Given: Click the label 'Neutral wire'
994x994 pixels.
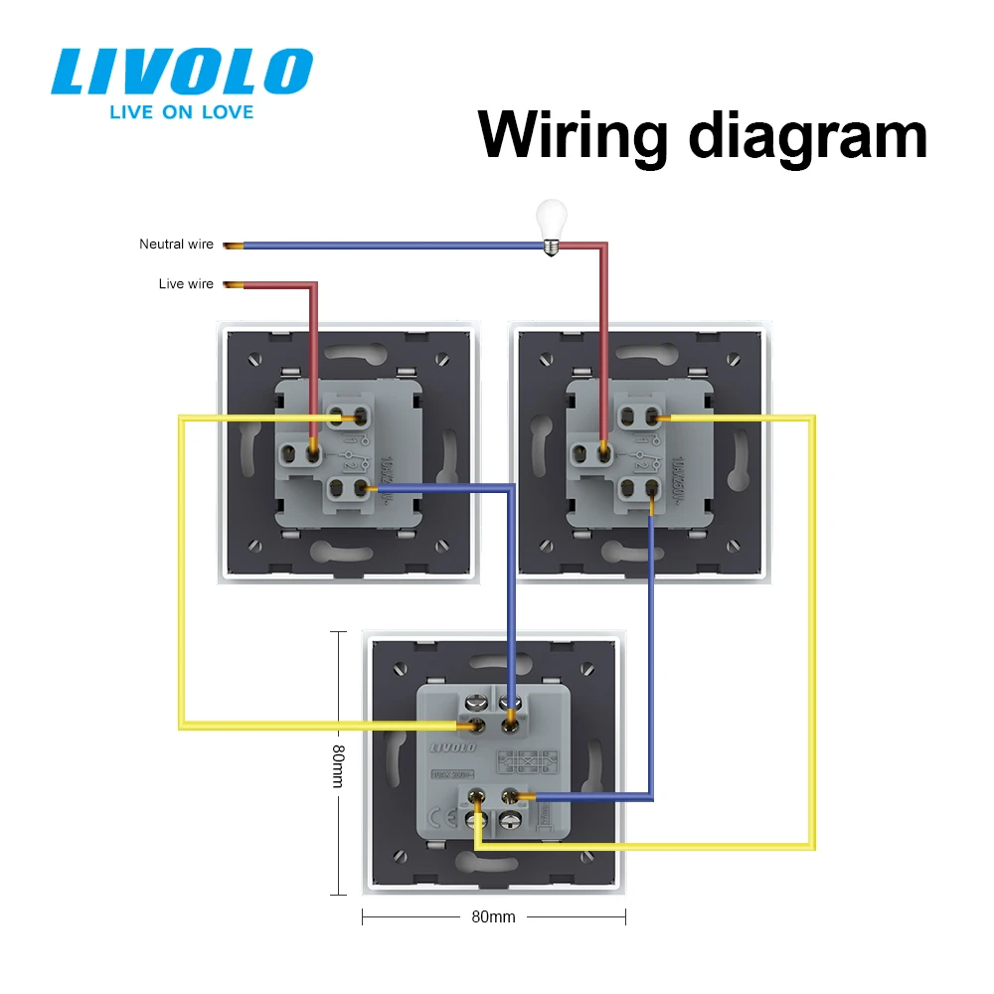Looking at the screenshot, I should [176, 245].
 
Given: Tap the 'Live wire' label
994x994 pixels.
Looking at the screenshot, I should [186, 284].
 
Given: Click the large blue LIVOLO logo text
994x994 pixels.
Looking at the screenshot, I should [182, 73].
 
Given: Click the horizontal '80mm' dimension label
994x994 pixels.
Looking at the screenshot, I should [494, 916].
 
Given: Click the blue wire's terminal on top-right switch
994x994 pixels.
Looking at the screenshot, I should [652, 489].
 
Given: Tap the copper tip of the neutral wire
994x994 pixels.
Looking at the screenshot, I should [234, 245].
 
